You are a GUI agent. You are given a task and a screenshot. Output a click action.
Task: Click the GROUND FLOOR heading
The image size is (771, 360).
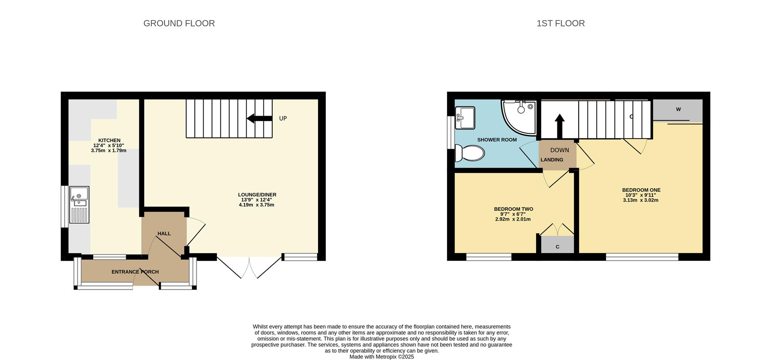tap(179, 23)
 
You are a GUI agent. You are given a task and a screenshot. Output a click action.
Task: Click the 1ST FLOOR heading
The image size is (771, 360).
tap(561, 23)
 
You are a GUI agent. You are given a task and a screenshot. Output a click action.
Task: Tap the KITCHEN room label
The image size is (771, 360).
tap(109, 140)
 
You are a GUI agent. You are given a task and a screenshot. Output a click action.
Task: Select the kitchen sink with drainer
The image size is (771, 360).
tap(79, 205)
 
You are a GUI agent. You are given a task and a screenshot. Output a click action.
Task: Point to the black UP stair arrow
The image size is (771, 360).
tap(259, 118)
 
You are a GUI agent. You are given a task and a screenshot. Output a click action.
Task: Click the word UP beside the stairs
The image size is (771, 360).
tap(283, 119)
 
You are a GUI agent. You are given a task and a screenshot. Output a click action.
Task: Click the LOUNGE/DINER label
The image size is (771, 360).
tap(257, 194)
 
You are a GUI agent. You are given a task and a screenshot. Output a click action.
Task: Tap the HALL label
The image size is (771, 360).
tap(164, 233)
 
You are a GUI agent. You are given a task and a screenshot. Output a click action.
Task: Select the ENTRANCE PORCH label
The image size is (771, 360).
tap(135, 272)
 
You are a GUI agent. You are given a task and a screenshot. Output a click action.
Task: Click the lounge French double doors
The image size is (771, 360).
tap(249, 266)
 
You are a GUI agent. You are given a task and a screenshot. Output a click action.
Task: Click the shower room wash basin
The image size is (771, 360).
tap(465, 118)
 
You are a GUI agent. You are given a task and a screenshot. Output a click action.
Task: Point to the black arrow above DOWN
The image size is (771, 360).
tap(559, 126)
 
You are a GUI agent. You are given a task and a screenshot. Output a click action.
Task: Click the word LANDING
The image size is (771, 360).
tap(552, 160)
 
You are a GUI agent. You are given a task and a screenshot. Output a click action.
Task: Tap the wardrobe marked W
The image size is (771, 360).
tap(677, 110)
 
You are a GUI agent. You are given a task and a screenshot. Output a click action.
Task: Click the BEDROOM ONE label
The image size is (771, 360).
tap(641, 190)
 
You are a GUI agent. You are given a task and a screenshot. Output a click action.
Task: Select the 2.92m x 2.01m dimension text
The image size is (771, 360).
tap(513, 219)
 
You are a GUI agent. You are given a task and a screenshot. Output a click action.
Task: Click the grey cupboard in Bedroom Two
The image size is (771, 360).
tap(557, 245)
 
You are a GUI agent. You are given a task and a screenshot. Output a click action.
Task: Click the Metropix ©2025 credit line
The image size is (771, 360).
tap(381, 357)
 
